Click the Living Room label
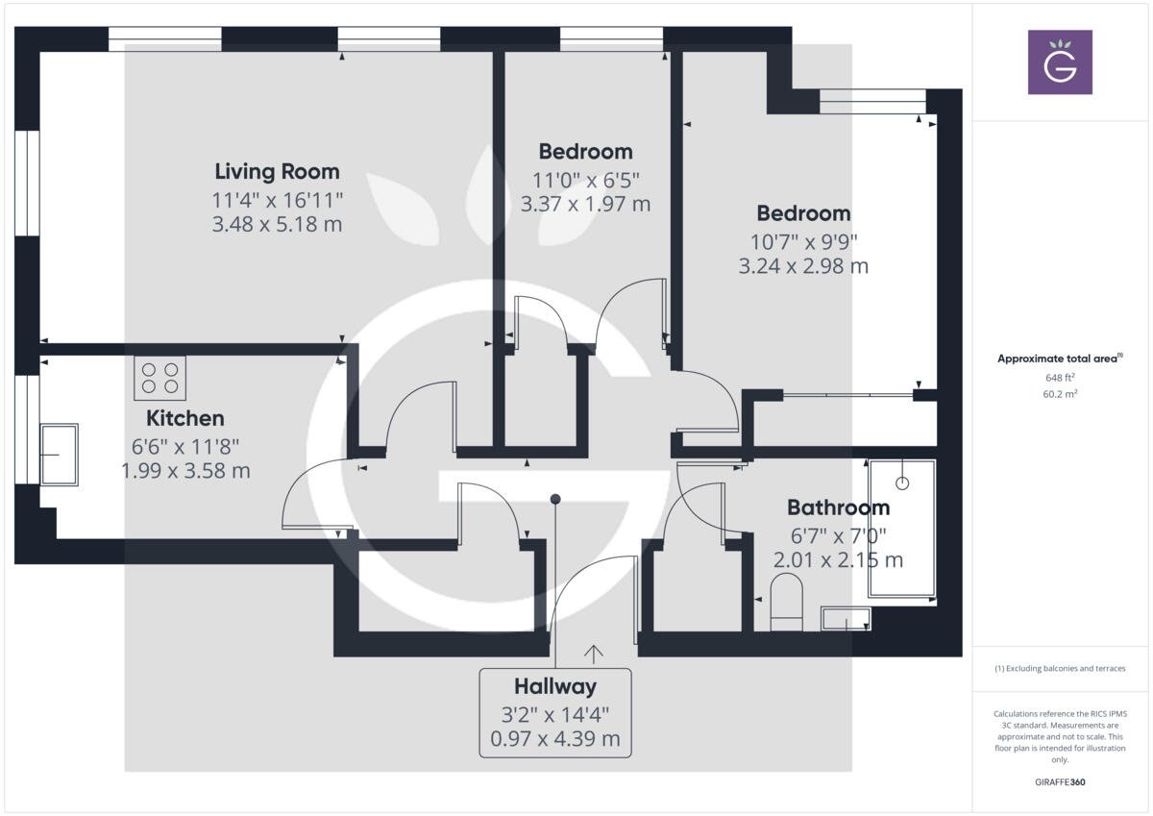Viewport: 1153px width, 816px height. [277, 172]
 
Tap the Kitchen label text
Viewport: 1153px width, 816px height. [185, 419]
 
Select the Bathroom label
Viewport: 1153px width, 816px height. [838, 507]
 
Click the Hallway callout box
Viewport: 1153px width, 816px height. [555, 712]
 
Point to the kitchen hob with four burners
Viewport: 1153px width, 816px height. [160, 377]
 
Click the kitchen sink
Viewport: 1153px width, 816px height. [59, 455]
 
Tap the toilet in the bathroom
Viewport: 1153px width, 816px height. [786, 604]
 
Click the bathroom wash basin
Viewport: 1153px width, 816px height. [846, 619]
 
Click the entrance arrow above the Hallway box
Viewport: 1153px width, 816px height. [594, 655]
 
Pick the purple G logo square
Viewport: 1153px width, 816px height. [1060, 62]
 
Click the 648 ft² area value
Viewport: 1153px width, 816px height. [1060, 378]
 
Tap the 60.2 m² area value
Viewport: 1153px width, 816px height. [1060, 393]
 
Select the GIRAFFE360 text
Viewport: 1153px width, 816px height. [1060, 782]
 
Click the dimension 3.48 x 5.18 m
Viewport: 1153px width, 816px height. [277, 225]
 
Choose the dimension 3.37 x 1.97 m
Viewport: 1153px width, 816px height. [585, 204]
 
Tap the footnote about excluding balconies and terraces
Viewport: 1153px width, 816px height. [1060, 668]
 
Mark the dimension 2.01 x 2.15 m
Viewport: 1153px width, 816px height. [838, 559]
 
